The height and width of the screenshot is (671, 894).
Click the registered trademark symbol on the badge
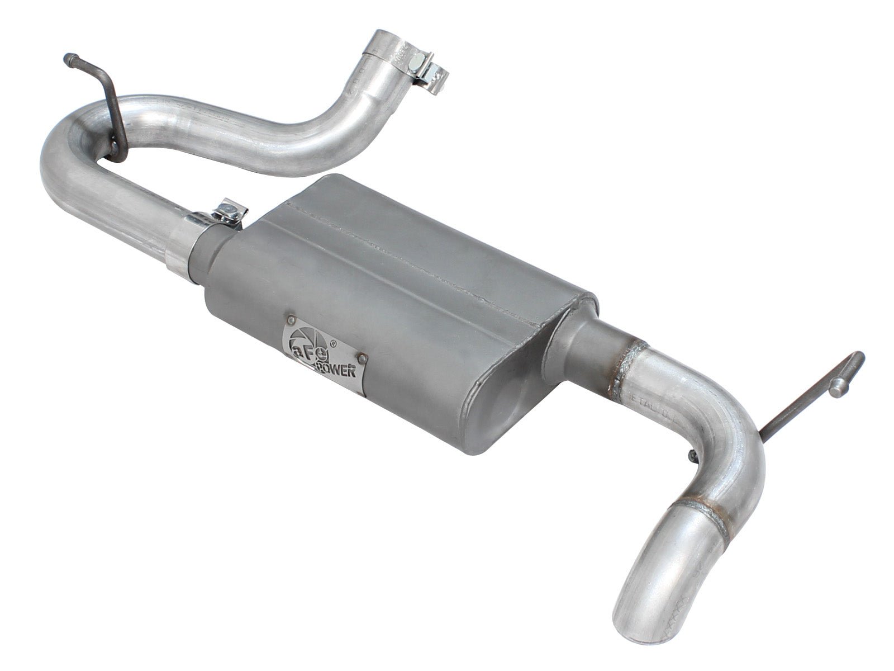(333, 345)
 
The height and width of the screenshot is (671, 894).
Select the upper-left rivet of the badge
(292, 320)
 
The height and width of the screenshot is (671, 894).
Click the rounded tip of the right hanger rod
(859, 358)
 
